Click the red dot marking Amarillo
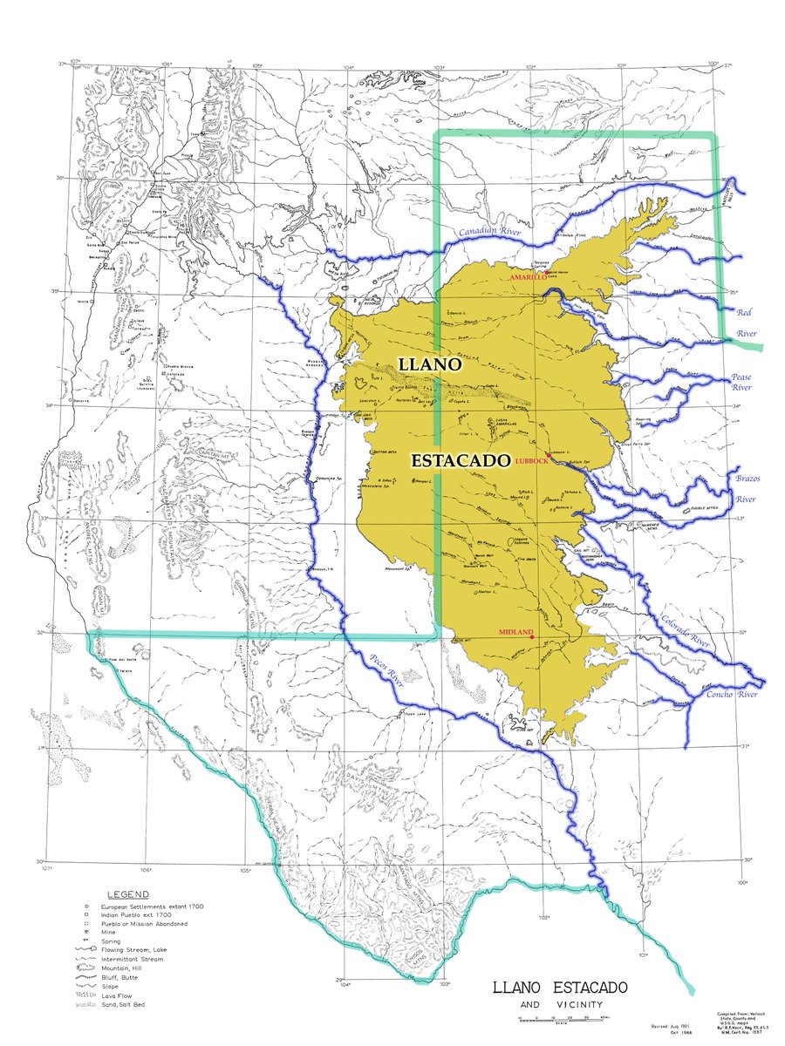547,272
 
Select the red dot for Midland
531,637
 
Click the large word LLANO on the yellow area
428,367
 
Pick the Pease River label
741,382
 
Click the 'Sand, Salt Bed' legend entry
127,1005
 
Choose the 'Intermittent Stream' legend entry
133,959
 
